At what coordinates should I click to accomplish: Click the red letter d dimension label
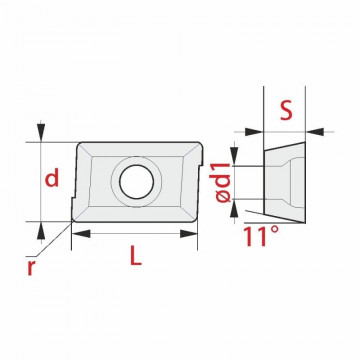pyautogui.click(x=52, y=177)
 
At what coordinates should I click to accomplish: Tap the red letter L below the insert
pyautogui.click(x=136, y=256)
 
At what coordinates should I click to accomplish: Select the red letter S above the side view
pyautogui.click(x=286, y=111)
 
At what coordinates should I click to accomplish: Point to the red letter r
pyautogui.click(x=31, y=267)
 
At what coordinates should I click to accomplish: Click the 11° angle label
pyautogui.click(x=261, y=236)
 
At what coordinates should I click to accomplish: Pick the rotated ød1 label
pyautogui.click(x=223, y=183)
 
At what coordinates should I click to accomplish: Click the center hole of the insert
pyautogui.click(x=137, y=182)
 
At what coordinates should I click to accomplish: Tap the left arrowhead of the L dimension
pyautogui.click(x=81, y=234)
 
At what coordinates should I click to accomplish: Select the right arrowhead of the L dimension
pyautogui.click(x=189, y=234)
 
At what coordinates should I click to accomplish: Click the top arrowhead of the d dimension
pyautogui.click(x=41, y=132)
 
